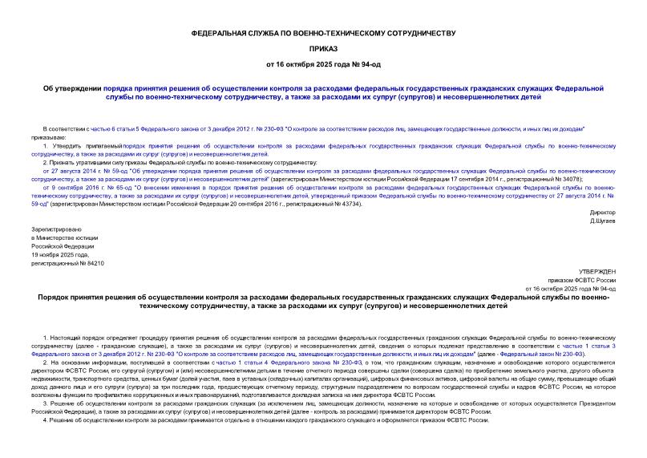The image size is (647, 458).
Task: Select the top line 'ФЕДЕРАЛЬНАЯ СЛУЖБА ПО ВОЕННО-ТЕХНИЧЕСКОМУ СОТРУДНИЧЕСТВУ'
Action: point(323,33)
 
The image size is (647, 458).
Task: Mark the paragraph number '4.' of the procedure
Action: point(45,419)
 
